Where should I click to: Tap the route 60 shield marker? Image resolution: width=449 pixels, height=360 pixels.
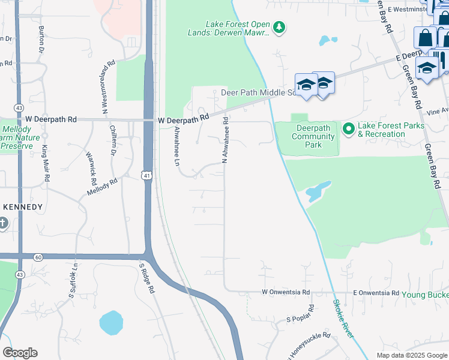[x=38, y=257]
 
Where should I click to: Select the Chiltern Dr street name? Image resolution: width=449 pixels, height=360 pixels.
[x=113, y=140]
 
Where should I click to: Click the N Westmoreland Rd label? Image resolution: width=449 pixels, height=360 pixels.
[x=108, y=87]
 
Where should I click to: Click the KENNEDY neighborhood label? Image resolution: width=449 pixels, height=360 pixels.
[x=23, y=207]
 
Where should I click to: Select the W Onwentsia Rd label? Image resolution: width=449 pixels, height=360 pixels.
[x=286, y=293]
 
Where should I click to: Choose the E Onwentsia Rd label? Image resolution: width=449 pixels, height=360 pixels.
[x=375, y=293]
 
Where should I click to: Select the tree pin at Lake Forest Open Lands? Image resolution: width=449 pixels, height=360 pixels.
[x=279, y=26]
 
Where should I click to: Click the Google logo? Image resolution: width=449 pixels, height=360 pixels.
[x=20, y=353]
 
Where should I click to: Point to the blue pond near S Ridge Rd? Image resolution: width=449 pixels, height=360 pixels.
[x=112, y=323]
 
